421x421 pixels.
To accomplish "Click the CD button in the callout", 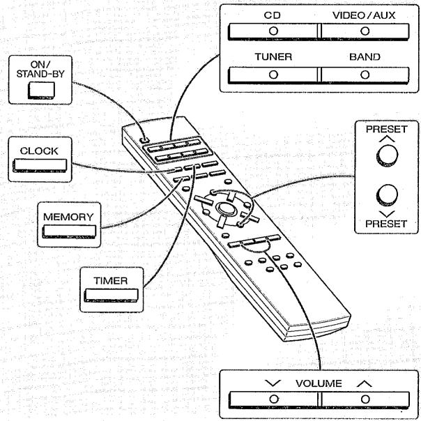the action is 273,31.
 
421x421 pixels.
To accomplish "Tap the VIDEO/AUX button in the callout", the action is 365,31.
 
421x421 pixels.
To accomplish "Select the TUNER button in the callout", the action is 273,75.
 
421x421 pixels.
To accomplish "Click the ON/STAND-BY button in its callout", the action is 41,90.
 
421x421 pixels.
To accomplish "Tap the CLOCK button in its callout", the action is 40,165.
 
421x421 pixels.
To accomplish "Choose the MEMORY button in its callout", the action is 69,231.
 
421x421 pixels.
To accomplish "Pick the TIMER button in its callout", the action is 111,296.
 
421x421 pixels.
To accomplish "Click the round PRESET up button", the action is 387,155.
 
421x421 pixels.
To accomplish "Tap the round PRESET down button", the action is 387,194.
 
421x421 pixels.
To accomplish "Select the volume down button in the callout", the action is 273,400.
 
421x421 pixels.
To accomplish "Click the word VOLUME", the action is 319,383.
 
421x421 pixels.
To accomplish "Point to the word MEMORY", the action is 68,217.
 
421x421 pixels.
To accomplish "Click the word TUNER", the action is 273,56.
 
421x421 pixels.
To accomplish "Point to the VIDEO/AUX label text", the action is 364,15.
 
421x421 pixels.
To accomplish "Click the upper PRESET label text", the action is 387,129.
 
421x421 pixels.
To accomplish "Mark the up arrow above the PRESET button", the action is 387,139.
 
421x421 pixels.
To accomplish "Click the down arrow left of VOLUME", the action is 273,383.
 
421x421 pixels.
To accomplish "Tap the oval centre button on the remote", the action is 225,208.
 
